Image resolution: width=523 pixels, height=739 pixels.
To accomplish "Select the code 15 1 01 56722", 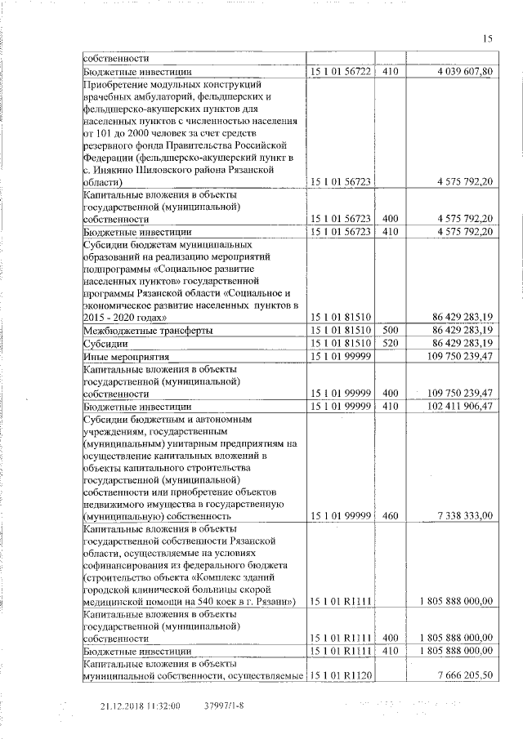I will (x=341, y=72).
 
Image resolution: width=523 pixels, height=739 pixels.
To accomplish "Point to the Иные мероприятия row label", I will (x=125, y=357).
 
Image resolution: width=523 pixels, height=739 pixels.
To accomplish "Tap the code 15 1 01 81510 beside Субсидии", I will (x=341, y=344).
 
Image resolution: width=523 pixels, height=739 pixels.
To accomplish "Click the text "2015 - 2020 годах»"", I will (x=127, y=316).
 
